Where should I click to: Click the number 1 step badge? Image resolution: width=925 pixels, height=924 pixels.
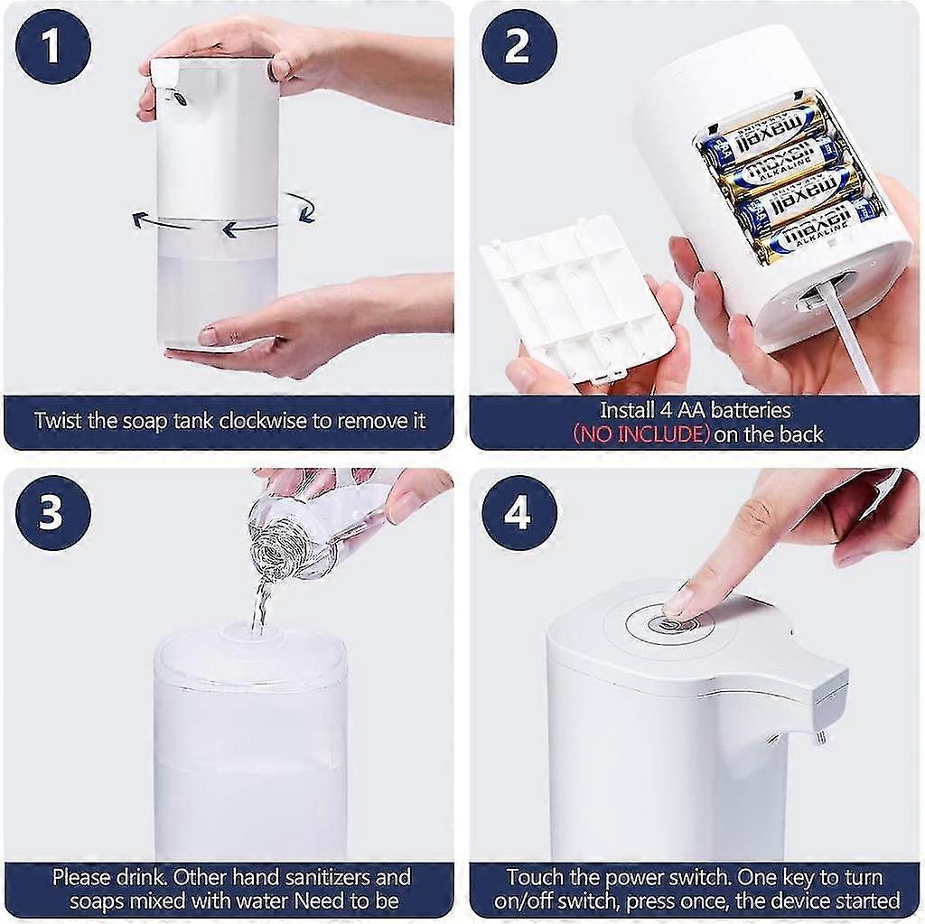pyautogui.click(x=52, y=47)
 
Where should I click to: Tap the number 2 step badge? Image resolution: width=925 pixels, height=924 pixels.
pyautogui.click(x=519, y=47)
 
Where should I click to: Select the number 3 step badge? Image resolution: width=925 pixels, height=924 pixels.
pyautogui.click(x=52, y=513)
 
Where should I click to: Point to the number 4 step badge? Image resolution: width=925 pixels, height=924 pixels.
pyautogui.click(x=519, y=513)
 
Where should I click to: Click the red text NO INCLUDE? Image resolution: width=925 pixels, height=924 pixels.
pyautogui.click(x=640, y=434)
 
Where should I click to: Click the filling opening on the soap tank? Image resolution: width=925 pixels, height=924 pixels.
pyautogui.click(x=248, y=631)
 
